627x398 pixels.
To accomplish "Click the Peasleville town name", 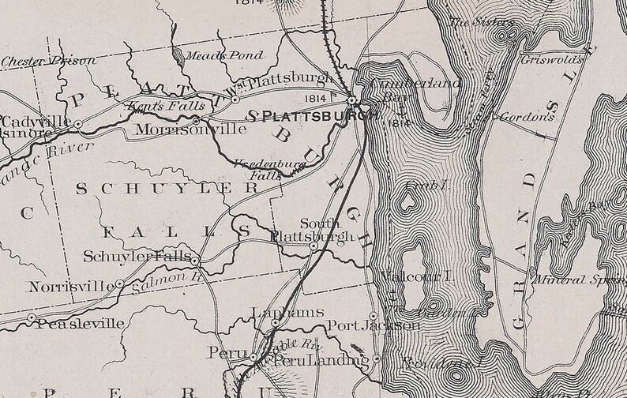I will (x=80, y=323).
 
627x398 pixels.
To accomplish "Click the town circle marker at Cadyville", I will (x=78, y=124).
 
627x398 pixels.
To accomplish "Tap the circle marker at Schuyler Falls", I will (x=195, y=258).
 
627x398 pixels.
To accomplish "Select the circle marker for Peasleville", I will (x=32, y=317).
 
